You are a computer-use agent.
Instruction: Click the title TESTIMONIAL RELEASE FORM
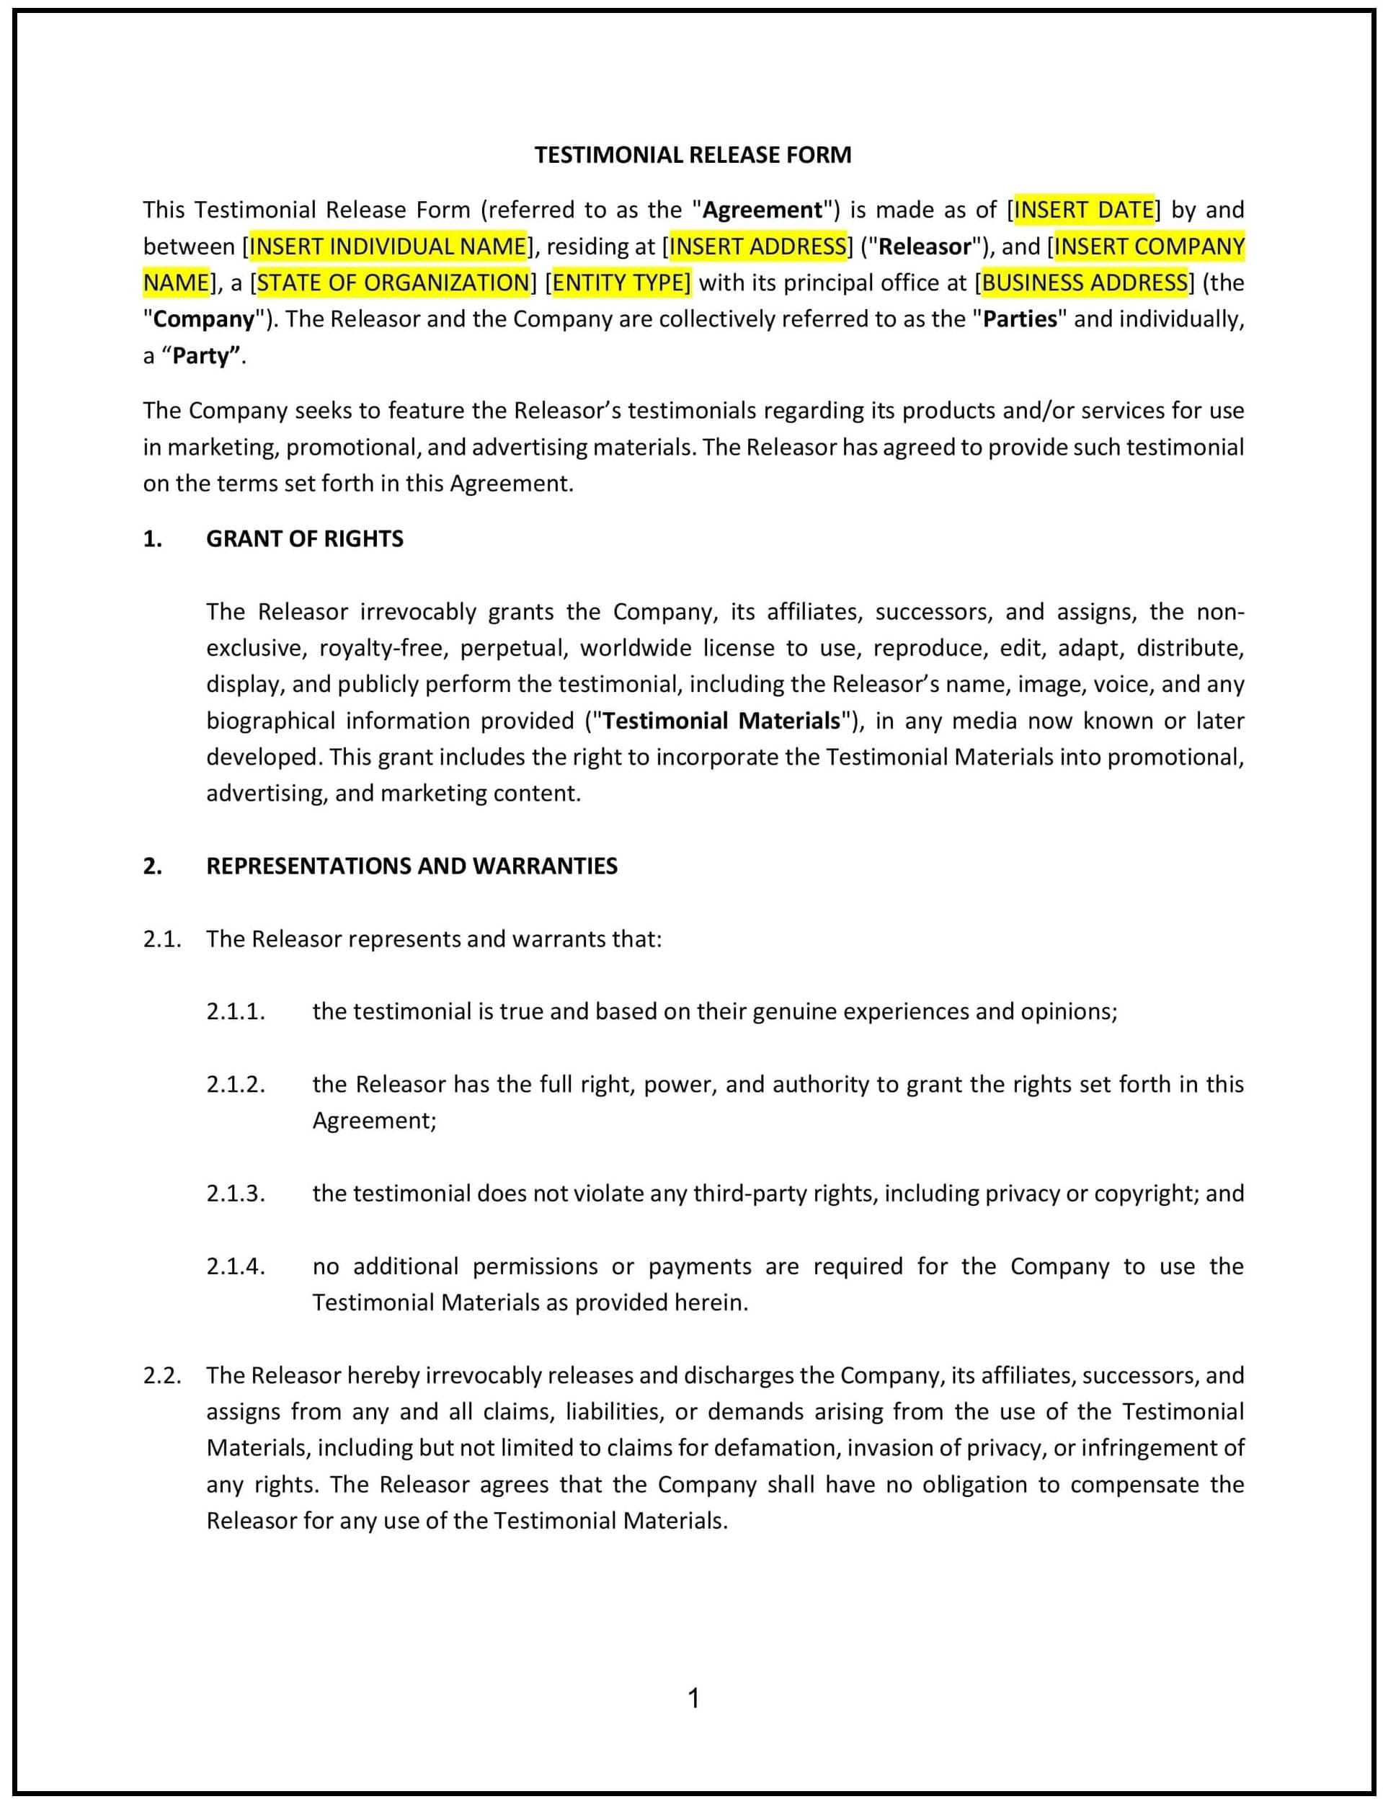coord(693,155)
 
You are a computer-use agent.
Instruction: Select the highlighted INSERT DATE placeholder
coord(1083,210)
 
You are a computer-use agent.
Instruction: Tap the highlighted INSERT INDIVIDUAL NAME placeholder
coord(388,247)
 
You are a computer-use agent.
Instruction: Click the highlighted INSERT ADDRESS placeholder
coord(757,247)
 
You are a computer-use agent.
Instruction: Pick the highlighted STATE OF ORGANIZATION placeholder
coord(393,283)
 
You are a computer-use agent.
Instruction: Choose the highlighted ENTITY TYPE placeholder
coord(621,283)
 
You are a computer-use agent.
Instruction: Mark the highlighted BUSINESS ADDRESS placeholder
coord(1084,283)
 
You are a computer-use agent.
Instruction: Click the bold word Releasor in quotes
coord(925,247)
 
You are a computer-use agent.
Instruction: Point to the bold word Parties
coord(1020,319)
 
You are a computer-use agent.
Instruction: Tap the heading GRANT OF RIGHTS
coord(305,538)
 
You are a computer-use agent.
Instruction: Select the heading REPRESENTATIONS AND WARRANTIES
coord(412,865)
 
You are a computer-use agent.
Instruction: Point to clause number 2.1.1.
coord(236,1011)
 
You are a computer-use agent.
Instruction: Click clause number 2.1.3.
coord(236,1193)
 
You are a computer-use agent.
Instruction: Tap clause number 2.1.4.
coord(236,1266)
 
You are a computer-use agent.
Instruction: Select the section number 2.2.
coord(161,1374)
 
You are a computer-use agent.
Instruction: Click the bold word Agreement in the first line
coord(762,210)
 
